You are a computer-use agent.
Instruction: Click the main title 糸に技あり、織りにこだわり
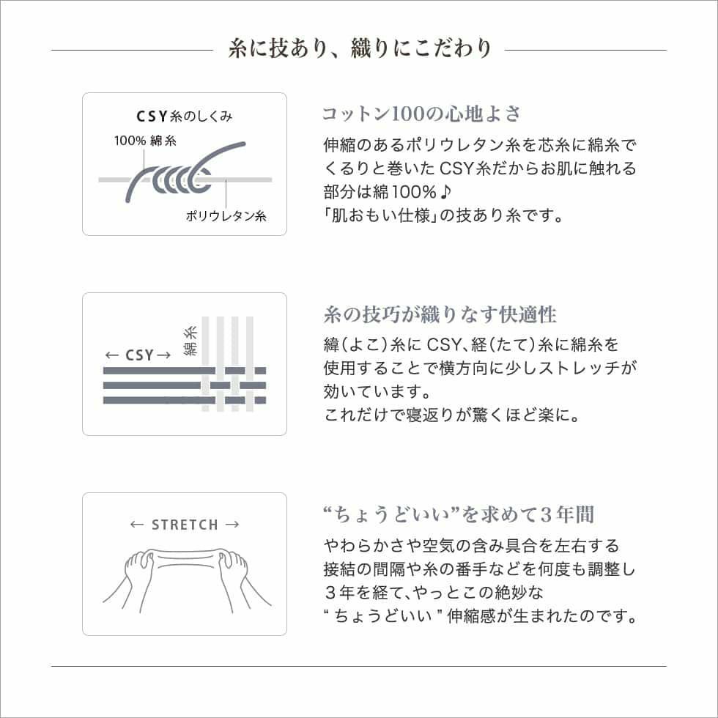pyautogui.click(x=359, y=49)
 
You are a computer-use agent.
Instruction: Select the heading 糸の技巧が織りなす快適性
pyautogui.click(x=440, y=315)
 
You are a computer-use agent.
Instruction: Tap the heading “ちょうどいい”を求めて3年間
pyautogui.click(x=458, y=514)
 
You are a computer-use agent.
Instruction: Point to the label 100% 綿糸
pyautogui.click(x=144, y=141)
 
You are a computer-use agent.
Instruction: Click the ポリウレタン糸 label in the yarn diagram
pyautogui.click(x=226, y=216)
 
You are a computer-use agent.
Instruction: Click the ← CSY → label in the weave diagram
pyautogui.click(x=138, y=355)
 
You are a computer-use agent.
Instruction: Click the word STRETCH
pyautogui.click(x=185, y=525)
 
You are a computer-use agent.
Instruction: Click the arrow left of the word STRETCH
pyautogui.click(x=136, y=525)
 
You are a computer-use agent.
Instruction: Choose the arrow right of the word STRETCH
pyautogui.click(x=232, y=525)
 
